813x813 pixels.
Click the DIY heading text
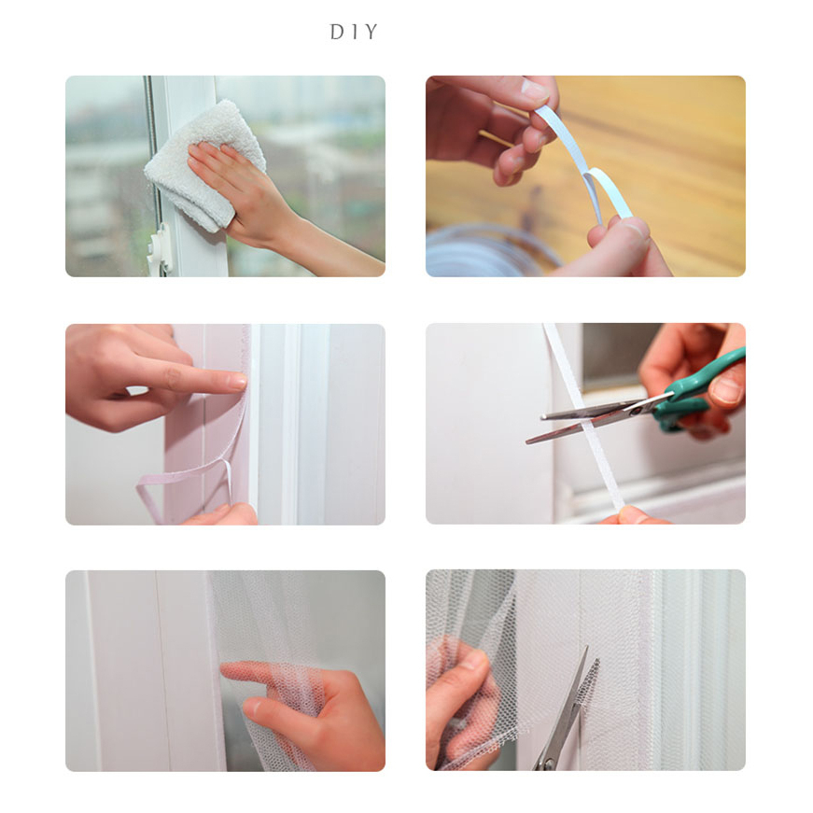pyautogui.click(x=354, y=32)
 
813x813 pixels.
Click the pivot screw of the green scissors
pyautogui.click(x=634, y=410)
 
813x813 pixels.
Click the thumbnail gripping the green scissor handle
pyautogui.click(x=726, y=390)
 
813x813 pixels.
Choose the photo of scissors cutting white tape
pyautogui.click(x=585, y=424)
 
